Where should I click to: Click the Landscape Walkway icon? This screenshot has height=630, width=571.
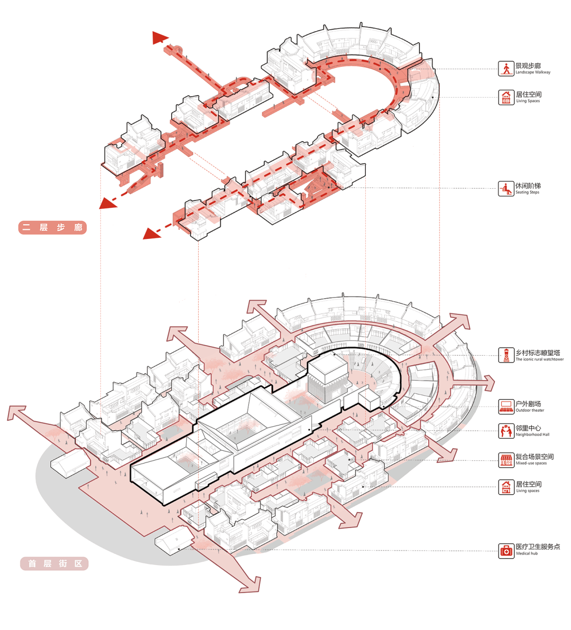tap(506, 68)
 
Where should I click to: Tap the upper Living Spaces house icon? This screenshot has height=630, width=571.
tap(506, 97)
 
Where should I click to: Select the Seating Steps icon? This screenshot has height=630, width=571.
tap(506, 189)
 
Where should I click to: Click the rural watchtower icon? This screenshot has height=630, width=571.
tap(506, 355)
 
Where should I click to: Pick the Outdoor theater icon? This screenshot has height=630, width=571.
tap(506, 406)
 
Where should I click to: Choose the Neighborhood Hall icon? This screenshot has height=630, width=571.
tap(506, 431)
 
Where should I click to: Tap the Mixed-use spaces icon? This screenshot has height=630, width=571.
tap(506, 459)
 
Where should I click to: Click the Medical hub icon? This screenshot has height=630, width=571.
tap(506, 550)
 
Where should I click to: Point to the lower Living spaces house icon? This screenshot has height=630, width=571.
tap(506, 487)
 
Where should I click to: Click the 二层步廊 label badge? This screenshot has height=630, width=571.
tap(52, 228)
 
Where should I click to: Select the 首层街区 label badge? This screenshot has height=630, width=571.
tap(54, 564)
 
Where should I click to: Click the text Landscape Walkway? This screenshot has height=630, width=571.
tap(533, 72)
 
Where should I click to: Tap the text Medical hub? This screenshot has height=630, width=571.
tap(527, 554)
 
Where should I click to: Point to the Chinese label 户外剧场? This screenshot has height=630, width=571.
tap(528, 404)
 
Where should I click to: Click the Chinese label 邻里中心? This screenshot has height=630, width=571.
tap(528, 428)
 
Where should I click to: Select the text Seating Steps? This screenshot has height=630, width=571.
tap(528, 192)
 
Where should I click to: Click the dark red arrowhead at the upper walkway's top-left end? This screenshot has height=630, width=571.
tap(159, 38)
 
